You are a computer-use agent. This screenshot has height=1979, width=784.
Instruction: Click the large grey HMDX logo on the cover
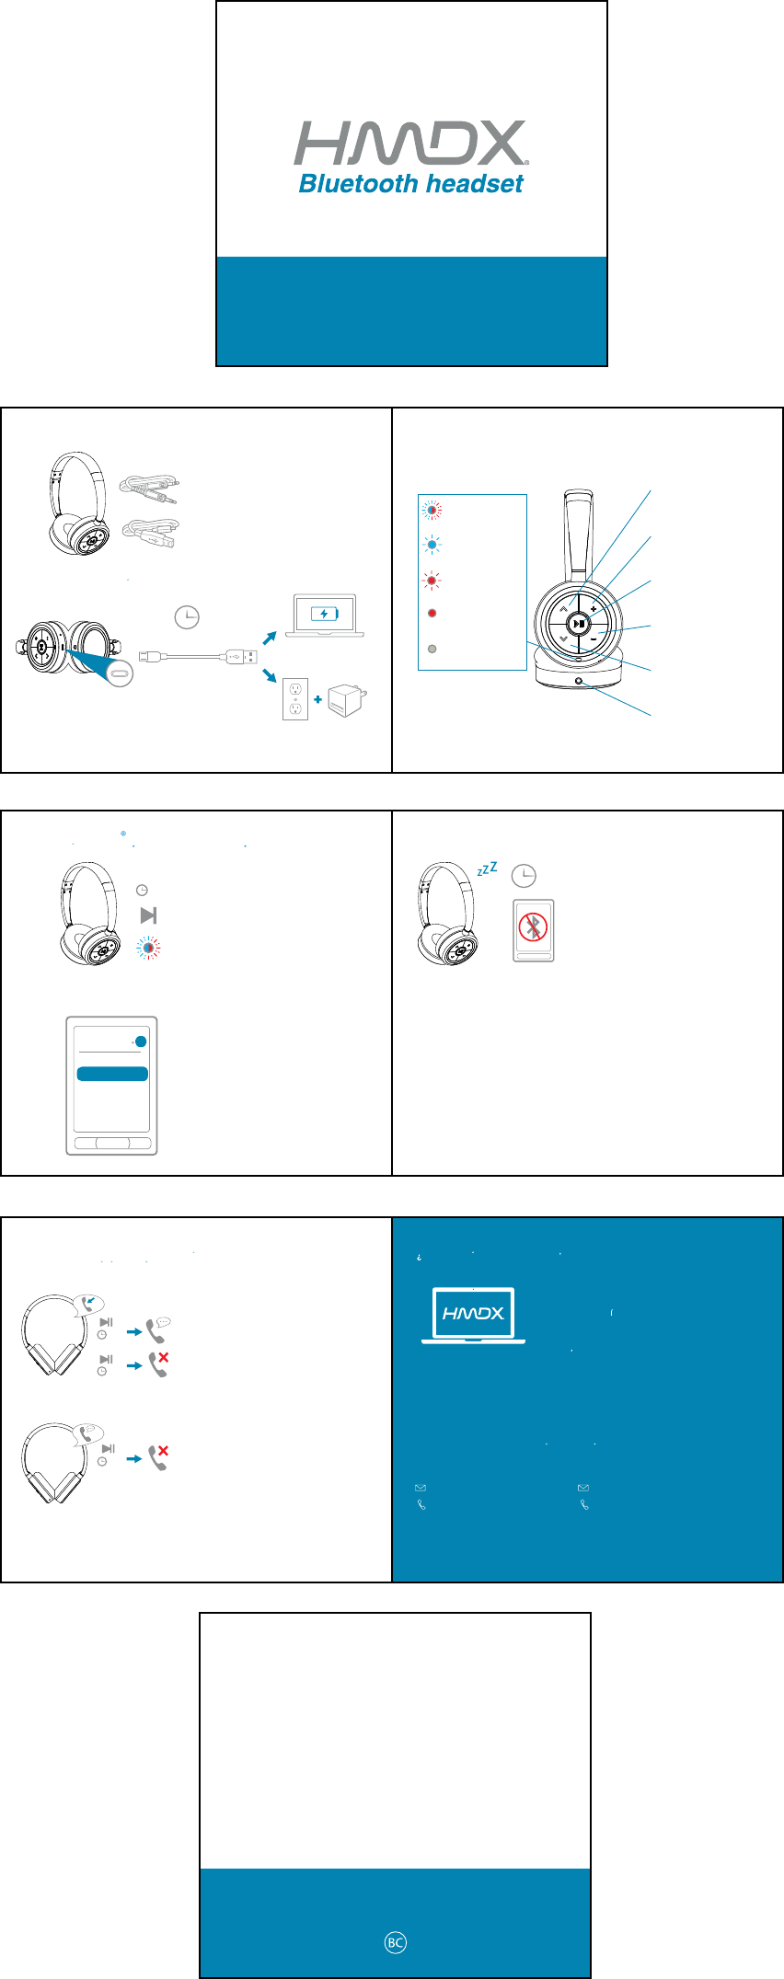coord(409,144)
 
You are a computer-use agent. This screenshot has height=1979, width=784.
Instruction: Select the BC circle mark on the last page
coord(395,1942)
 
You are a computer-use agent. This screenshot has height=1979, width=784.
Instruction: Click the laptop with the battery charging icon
coord(325,616)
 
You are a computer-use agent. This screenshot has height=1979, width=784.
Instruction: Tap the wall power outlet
coord(294,698)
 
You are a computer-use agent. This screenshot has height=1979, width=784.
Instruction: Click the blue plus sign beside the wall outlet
coord(317,699)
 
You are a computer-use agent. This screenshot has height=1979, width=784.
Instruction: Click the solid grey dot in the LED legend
coord(432,649)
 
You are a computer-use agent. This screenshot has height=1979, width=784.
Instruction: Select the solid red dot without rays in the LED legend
coord(432,613)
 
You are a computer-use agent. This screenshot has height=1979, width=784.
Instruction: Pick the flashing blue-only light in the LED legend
coord(432,545)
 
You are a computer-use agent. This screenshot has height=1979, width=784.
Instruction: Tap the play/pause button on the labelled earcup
coord(578,624)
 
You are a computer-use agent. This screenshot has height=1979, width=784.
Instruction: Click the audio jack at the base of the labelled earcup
coord(579,682)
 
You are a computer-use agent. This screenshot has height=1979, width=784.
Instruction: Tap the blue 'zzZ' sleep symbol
coord(488,869)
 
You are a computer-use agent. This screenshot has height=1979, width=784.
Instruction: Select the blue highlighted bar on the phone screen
coord(112,1074)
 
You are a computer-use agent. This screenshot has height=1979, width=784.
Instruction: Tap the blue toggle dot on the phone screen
coord(141,1041)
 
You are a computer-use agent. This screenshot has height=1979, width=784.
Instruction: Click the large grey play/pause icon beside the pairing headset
coord(148,915)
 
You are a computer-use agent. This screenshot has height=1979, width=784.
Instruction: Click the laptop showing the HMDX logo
coord(474,1315)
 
